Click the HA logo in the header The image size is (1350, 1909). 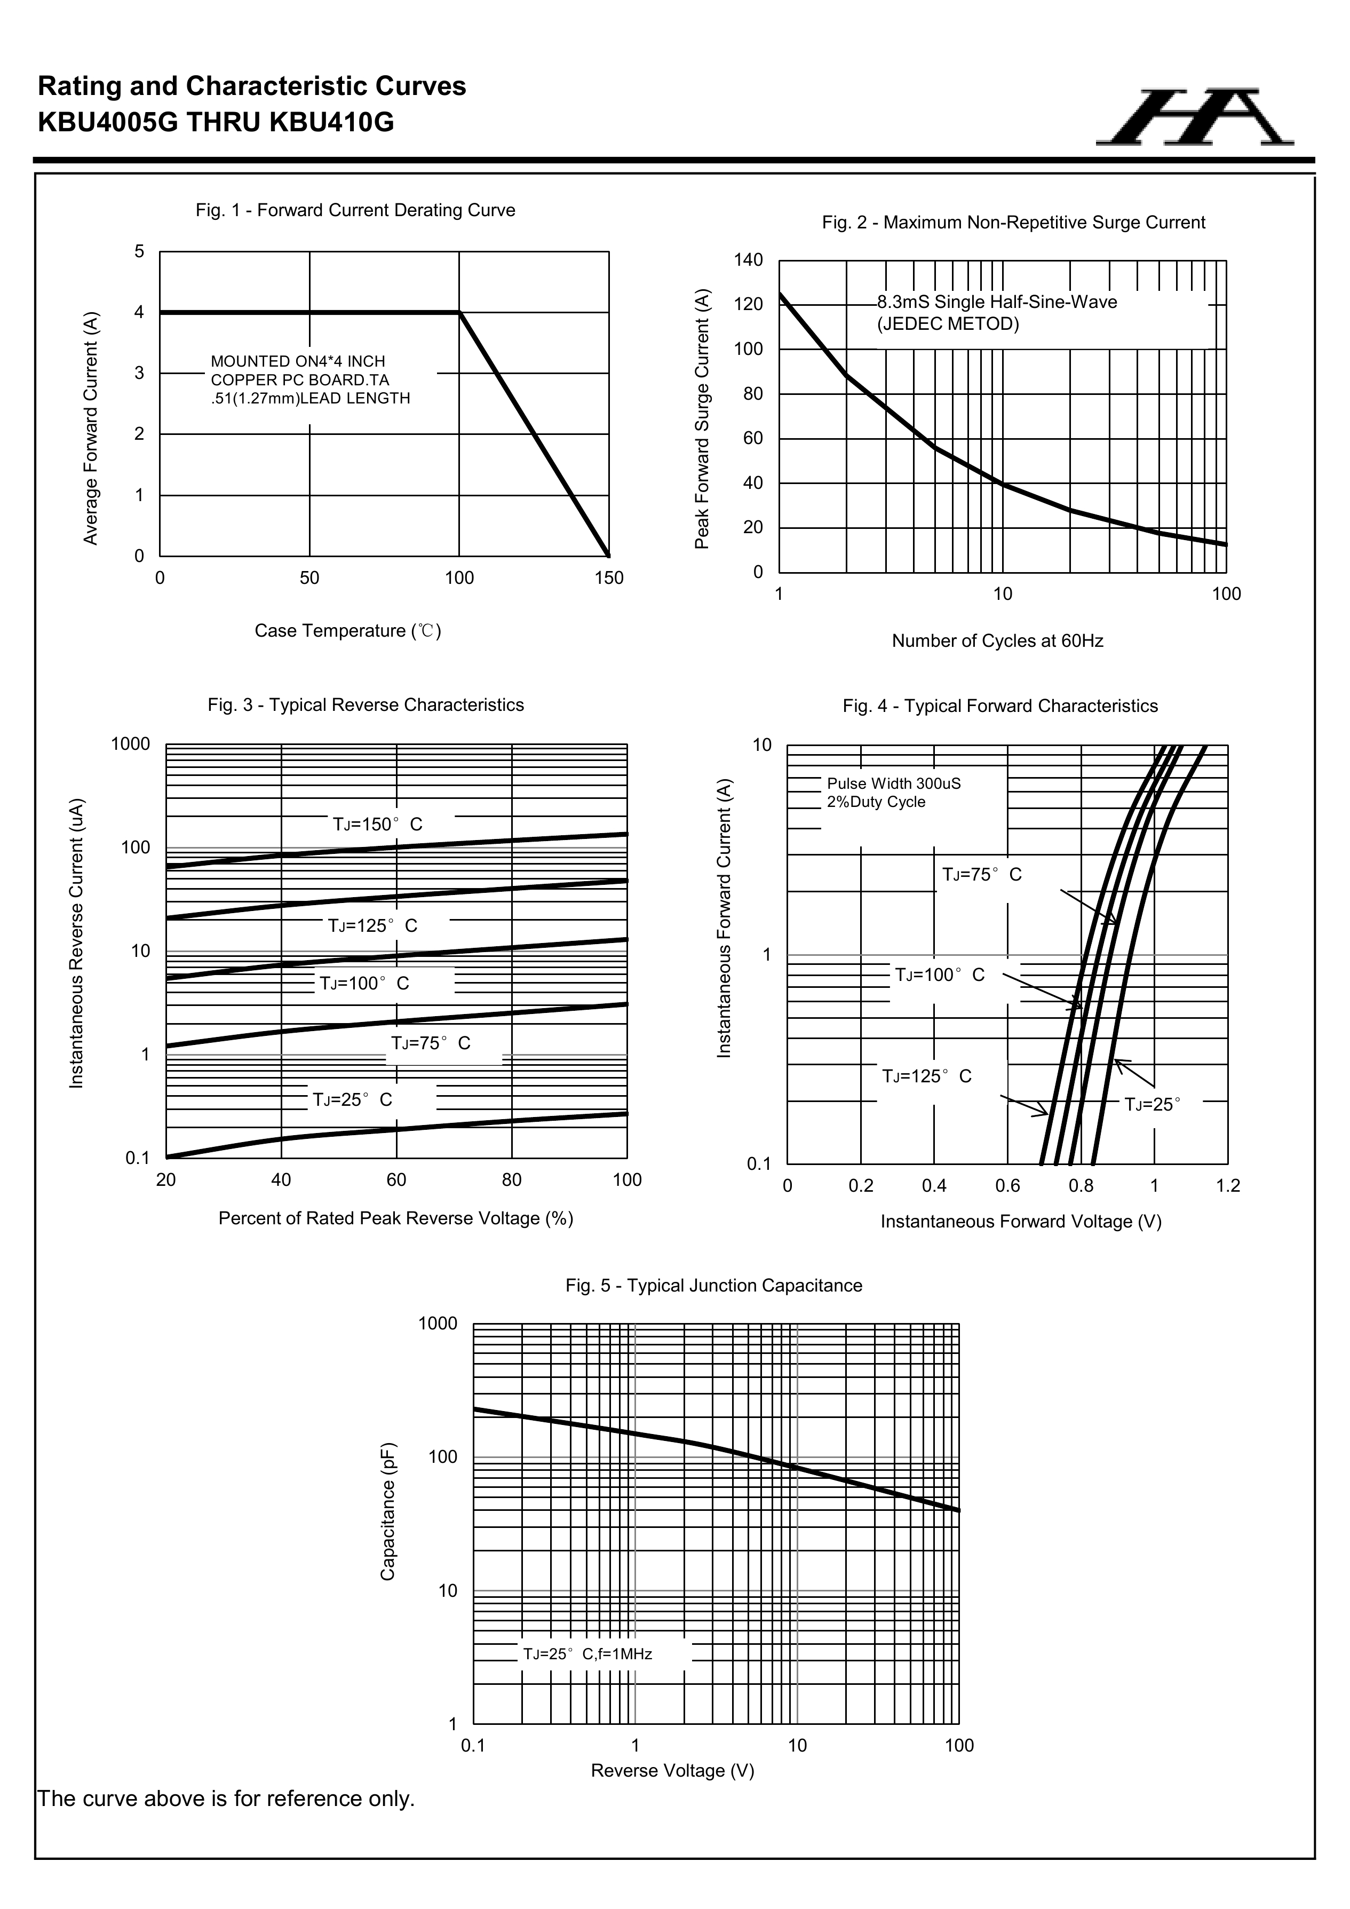(1195, 117)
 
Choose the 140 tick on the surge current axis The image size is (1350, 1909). (748, 260)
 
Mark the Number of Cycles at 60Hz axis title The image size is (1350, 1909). (997, 641)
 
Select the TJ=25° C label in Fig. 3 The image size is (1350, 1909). (352, 1100)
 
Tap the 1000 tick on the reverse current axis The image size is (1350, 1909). (131, 744)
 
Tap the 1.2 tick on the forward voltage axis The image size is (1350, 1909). (1227, 1186)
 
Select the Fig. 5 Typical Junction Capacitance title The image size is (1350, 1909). (713, 1286)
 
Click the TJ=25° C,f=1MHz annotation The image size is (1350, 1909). (587, 1654)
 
